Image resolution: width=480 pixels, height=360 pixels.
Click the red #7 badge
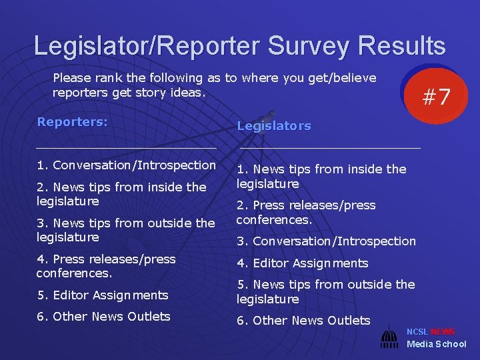click(x=437, y=97)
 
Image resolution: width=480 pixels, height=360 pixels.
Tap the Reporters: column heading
click(x=72, y=122)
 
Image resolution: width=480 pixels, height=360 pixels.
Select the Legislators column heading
click(x=274, y=126)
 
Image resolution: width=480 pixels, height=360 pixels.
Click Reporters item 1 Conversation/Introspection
click(x=126, y=165)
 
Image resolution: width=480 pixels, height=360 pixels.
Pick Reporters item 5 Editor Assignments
click(x=102, y=295)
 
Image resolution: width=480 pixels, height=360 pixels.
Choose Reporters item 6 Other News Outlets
click(x=103, y=317)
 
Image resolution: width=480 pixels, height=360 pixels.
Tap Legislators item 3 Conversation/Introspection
click(x=326, y=241)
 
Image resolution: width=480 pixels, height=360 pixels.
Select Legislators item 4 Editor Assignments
click(x=302, y=263)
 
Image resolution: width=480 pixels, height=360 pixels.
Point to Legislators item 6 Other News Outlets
click(x=303, y=321)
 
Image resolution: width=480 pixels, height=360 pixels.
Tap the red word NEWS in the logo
click(x=443, y=332)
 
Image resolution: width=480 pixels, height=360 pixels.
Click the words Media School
click(x=437, y=344)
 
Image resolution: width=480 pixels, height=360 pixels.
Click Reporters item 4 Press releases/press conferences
click(x=106, y=266)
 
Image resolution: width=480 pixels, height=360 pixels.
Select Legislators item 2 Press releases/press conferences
click(x=306, y=212)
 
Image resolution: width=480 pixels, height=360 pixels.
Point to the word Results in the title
click(x=401, y=46)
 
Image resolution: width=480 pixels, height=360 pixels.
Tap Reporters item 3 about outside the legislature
click(x=125, y=230)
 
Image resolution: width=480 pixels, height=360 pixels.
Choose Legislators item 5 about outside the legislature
click(x=325, y=292)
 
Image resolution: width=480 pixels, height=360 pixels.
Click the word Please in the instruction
click(x=72, y=78)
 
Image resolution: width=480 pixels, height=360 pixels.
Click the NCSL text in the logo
click(x=417, y=332)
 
